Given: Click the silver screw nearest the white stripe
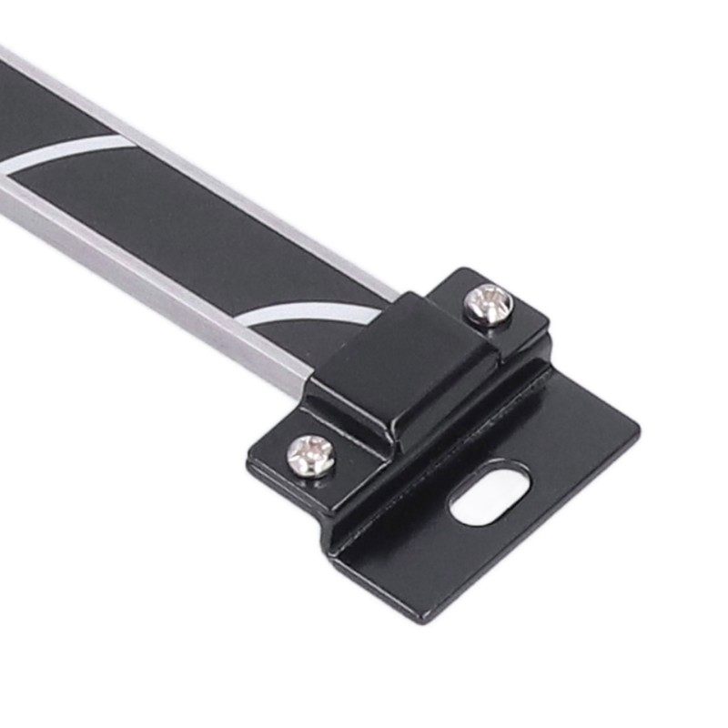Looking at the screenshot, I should [489, 303].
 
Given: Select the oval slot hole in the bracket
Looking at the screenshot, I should [490, 492].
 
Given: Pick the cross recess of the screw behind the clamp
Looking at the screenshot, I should [489, 303].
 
